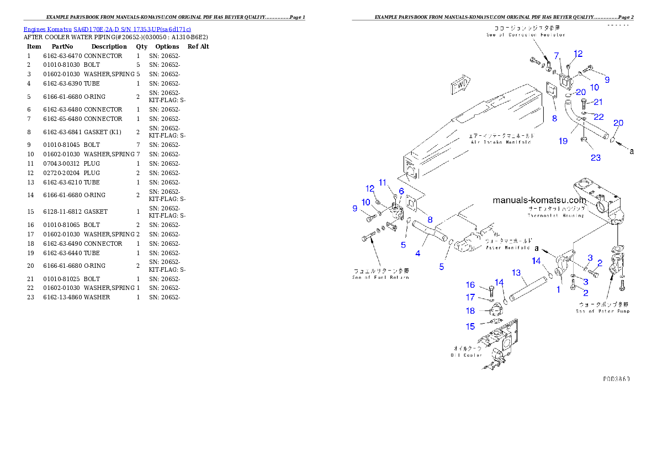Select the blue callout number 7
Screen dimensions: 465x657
point(557,56)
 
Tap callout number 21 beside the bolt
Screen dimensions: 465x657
point(598,102)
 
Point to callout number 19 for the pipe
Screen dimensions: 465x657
point(563,141)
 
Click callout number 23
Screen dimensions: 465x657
point(596,157)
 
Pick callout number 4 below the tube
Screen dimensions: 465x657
point(418,253)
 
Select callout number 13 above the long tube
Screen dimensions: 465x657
point(516,272)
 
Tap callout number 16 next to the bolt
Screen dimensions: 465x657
point(470,285)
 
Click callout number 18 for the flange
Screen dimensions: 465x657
point(470,311)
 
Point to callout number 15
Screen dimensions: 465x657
point(470,326)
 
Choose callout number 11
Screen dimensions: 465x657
point(382,183)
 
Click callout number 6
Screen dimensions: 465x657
point(401,191)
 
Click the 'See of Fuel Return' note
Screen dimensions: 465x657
point(381,274)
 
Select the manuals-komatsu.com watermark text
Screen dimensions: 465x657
point(538,200)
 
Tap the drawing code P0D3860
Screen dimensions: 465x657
point(616,379)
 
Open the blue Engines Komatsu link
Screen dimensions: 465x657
point(107,29)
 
